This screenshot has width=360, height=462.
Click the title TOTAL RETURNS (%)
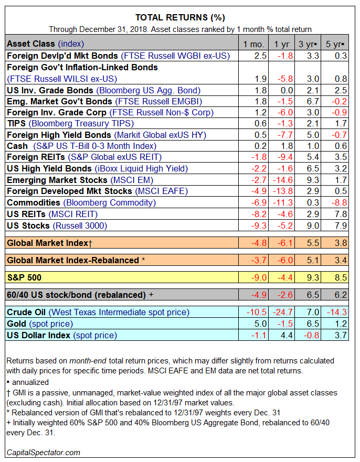[x=180, y=18]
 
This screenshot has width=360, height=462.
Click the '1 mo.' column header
[x=253, y=44]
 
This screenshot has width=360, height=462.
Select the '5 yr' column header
[x=335, y=44]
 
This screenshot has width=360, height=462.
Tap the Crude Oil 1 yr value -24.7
[x=283, y=313]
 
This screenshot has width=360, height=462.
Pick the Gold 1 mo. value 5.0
[x=260, y=324]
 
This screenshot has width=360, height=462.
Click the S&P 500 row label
[x=24, y=277]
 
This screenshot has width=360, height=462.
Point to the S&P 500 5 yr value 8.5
[x=341, y=277]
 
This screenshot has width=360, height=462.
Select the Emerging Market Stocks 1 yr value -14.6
[x=283, y=180]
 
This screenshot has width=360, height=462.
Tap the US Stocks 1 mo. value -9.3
[x=259, y=225]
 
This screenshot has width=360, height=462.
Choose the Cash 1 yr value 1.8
[x=287, y=146]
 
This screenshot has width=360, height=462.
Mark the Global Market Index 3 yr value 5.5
[x=313, y=243]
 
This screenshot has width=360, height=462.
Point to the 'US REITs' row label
[x=26, y=214]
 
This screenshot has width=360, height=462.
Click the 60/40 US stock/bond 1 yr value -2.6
[x=285, y=295]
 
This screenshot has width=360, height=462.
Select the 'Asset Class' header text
[x=31, y=44]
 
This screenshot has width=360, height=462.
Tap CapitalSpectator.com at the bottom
[x=44, y=453]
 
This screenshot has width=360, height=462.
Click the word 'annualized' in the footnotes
[x=30, y=382]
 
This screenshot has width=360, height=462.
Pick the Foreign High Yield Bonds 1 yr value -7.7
[x=285, y=135]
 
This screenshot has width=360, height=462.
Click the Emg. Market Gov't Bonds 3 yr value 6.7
[x=313, y=102]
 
